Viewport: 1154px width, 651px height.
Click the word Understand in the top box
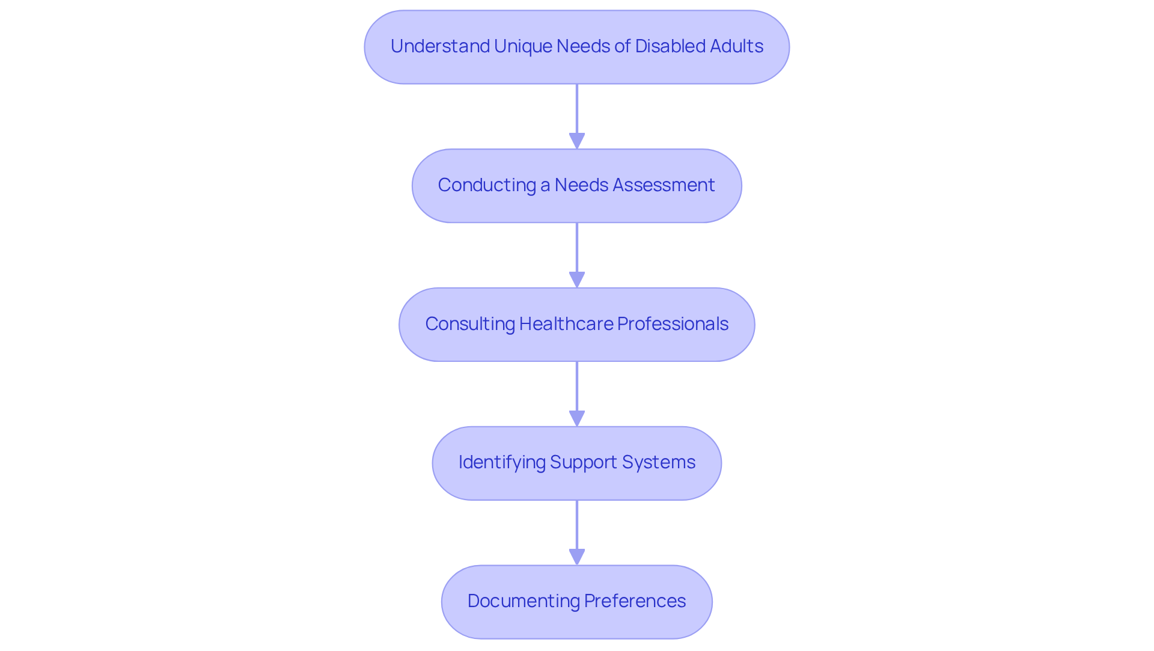(440, 46)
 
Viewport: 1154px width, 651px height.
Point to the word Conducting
(486, 185)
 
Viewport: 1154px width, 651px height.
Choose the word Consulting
(469, 324)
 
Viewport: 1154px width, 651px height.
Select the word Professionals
(673, 324)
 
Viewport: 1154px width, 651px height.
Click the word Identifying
(501, 462)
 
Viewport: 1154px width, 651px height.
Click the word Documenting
(523, 601)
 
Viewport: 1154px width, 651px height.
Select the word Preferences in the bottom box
(635, 601)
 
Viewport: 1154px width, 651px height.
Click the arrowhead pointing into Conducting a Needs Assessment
(577, 141)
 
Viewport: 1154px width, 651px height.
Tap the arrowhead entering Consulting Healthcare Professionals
(577, 280)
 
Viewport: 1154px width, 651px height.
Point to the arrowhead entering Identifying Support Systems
(577, 418)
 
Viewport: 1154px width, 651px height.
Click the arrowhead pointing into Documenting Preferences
(577, 557)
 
